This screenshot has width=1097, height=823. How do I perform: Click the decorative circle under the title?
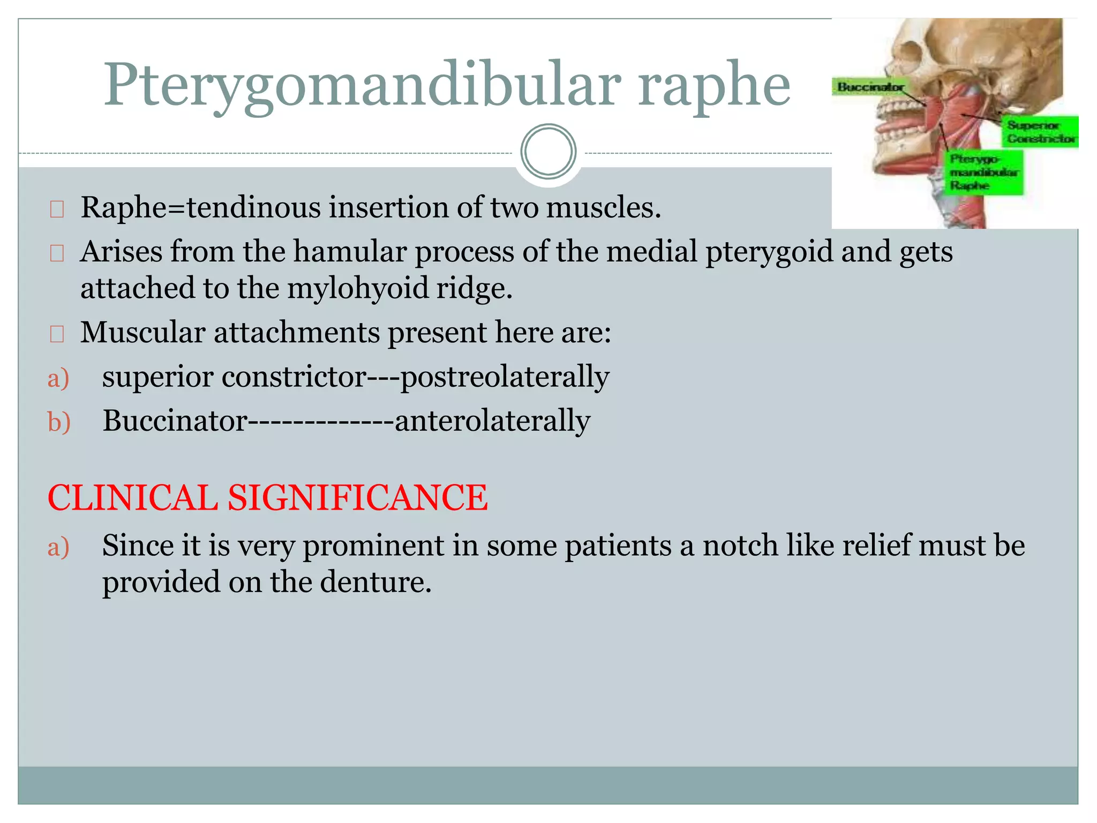548,151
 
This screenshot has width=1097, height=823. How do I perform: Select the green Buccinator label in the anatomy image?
870,87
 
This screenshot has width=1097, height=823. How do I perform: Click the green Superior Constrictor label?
1040,132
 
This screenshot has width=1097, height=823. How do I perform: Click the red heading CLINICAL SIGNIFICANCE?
268,498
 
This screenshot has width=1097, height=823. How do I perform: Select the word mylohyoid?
358,288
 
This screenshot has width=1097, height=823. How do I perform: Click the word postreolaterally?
505,377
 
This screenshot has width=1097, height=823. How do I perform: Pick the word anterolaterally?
492,421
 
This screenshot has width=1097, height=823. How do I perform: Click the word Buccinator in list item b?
175,421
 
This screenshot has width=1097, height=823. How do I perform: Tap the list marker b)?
59,422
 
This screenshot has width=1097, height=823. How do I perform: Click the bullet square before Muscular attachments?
57,334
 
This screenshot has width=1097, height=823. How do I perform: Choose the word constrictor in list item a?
294,377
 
